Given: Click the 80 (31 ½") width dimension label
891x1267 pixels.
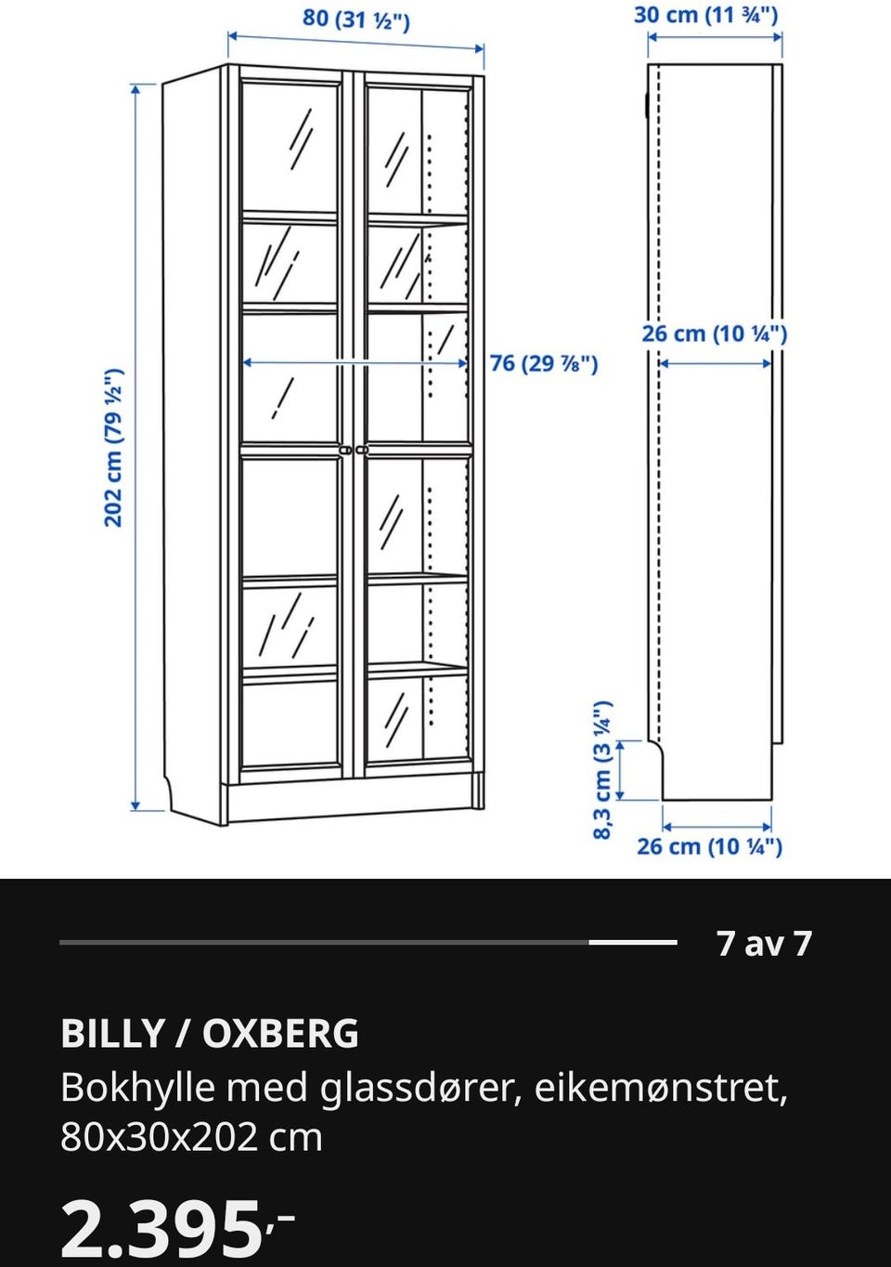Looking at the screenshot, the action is click(x=356, y=20).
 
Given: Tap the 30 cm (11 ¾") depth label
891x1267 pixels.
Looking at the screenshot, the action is click(x=705, y=15).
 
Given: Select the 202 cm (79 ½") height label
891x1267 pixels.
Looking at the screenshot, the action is click(x=113, y=448).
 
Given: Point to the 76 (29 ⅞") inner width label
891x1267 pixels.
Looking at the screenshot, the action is click(x=544, y=363).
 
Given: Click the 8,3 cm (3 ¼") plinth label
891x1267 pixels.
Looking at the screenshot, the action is click(x=603, y=770).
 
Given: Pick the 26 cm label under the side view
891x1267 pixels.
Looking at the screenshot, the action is click(x=710, y=847).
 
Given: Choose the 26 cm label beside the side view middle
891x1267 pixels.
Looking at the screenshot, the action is click(x=714, y=333).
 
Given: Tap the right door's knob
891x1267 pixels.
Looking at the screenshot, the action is click(x=362, y=450).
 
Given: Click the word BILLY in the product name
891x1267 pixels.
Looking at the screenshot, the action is click(x=112, y=1034).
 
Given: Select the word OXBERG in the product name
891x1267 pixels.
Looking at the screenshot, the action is click(x=280, y=1034).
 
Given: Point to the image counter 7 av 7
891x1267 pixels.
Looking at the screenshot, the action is click(x=765, y=943).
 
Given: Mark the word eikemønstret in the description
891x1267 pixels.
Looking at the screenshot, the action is click(x=661, y=1087).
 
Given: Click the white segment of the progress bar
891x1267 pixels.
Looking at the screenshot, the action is click(x=633, y=942).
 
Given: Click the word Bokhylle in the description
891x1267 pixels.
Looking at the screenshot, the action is click(x=138, y=1087).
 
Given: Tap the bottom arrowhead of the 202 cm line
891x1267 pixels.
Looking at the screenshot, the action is click(x=135, y=805).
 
